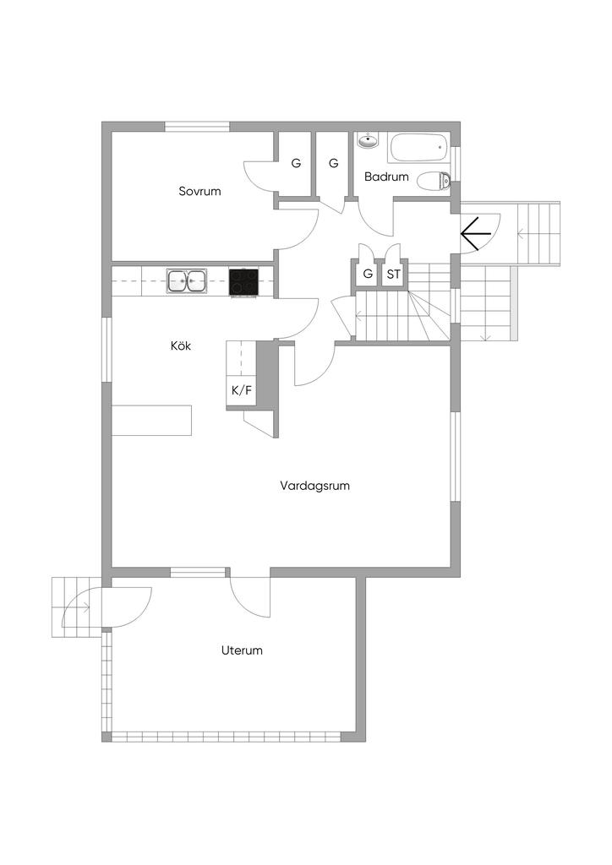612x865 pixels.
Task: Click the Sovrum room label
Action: click(199, 192)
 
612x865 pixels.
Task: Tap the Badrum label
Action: click(386, 177)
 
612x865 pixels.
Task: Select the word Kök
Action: click(180, 345)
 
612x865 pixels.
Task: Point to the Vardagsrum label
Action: click(314, 486)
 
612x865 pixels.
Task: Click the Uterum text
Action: click(242, 650)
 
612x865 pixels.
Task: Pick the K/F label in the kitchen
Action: click(241, 390)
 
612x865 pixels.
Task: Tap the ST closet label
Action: click(393, 274)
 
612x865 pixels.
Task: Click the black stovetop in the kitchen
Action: click(243, 282)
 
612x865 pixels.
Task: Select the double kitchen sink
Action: click(187, 280)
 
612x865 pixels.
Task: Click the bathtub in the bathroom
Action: click(419, 148)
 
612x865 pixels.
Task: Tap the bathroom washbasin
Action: click(368, 141)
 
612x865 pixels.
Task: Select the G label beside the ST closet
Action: click(368, 274)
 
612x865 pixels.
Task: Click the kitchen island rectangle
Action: click(152, 421)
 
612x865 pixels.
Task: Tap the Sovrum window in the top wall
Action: click(197, 127)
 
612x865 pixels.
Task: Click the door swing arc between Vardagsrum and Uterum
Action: click(243, 605)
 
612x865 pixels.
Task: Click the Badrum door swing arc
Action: click(369, 223)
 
